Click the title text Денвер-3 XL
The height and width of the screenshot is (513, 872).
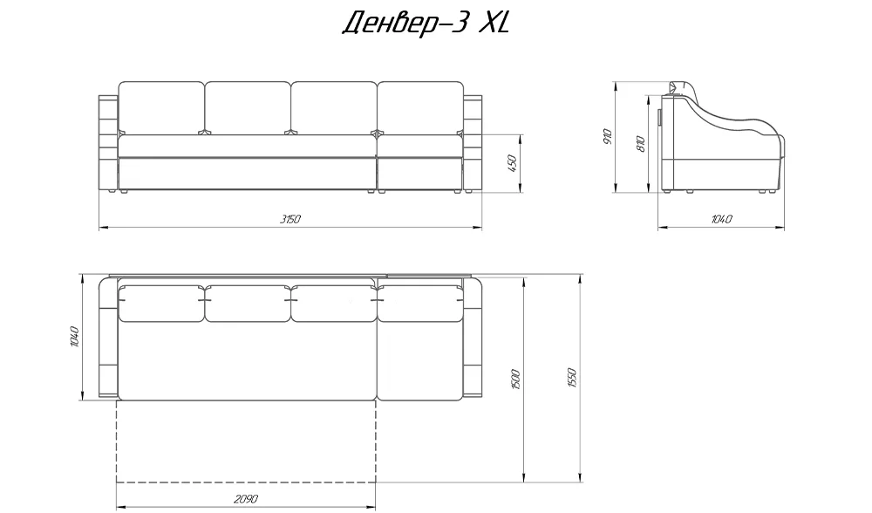[426, 24]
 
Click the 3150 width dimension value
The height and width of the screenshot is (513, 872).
[290, 219]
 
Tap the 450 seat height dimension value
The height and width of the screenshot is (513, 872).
[512, 163]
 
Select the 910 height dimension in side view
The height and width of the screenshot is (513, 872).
[607, 137]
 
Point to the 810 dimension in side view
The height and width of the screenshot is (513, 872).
[640, 144]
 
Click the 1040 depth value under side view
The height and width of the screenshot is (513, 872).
[721, 219]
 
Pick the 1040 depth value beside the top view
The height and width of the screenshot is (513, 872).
[76, 337]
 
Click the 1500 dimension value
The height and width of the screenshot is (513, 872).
[515, 380]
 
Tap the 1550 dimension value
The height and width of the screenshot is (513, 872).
[574, 379]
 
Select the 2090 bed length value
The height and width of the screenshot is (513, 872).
[245, 500]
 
